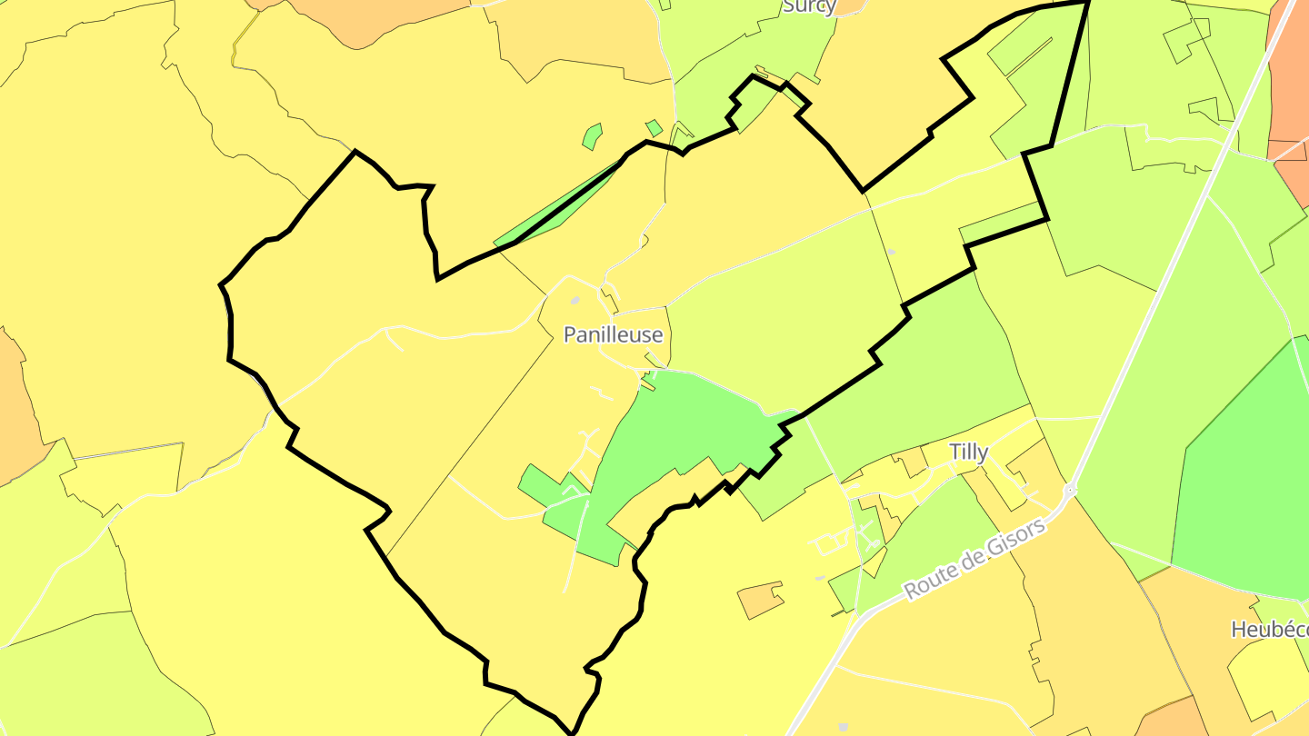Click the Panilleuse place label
tap(613, 334)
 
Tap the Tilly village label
tap(968, 453)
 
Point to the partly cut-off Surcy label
tap(808, 6)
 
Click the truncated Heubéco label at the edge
tap(1269, 630)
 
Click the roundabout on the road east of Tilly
tap(1070, 491)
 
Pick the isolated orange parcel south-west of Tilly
tap(760, 599)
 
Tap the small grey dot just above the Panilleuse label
tap(575, 301)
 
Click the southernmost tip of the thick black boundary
tap(572, 731)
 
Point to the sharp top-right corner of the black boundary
tap(1088, 3)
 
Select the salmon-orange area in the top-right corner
tap(1289, 73)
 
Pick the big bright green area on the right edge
tap(1245, 472)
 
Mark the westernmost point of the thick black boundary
tap(221, 286)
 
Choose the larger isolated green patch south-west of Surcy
tap(592, 136)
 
